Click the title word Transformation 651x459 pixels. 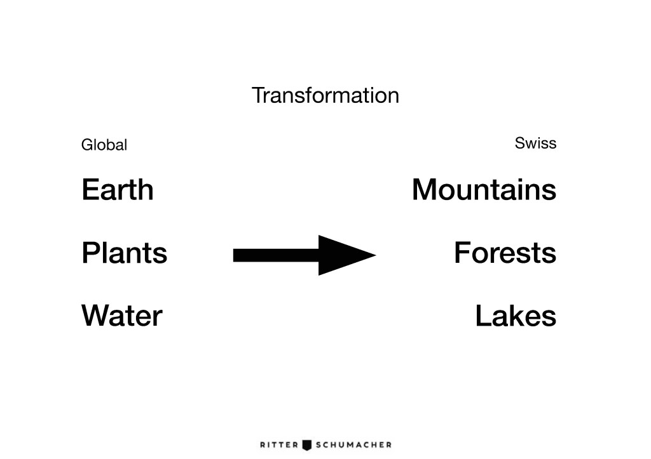[325, 95]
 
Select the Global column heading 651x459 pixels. [104, 145]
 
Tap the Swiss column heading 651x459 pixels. [535, 143]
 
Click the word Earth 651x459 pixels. [118, 189]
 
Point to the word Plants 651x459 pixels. [125, 253]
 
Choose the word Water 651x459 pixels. [121, 316]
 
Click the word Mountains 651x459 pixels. [484, 189]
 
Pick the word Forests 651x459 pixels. [505, 253]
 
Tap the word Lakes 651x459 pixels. [516, 316]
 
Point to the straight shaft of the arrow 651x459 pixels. [276, 255]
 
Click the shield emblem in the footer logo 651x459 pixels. [307, 445]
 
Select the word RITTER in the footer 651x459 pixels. [279, 445]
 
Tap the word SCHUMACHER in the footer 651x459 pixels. [353, 445]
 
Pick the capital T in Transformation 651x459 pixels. [259, 96]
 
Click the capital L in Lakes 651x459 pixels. [483, 316]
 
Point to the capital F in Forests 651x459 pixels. [463, 253]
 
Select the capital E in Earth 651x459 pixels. [90, 189]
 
